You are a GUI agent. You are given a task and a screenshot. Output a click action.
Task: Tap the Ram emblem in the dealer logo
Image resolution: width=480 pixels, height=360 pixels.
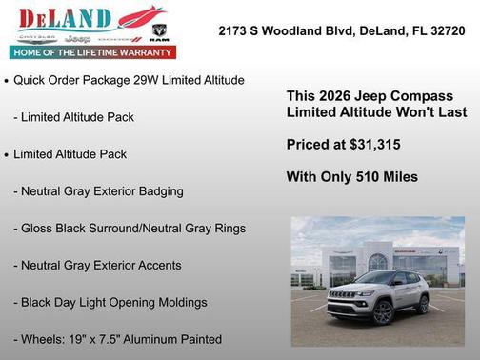[x=159, y=30]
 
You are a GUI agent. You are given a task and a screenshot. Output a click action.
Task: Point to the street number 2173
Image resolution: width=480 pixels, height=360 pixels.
[x=232, y=30]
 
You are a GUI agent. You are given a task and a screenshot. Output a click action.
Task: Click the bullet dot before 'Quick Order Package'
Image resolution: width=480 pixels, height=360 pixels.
[x=7, y=82]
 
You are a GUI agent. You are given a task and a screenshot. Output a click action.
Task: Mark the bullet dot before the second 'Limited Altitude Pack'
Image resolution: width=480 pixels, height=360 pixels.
[x=7, y=155]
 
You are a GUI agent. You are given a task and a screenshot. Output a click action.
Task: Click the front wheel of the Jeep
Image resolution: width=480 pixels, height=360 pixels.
[x=383, y=311]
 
